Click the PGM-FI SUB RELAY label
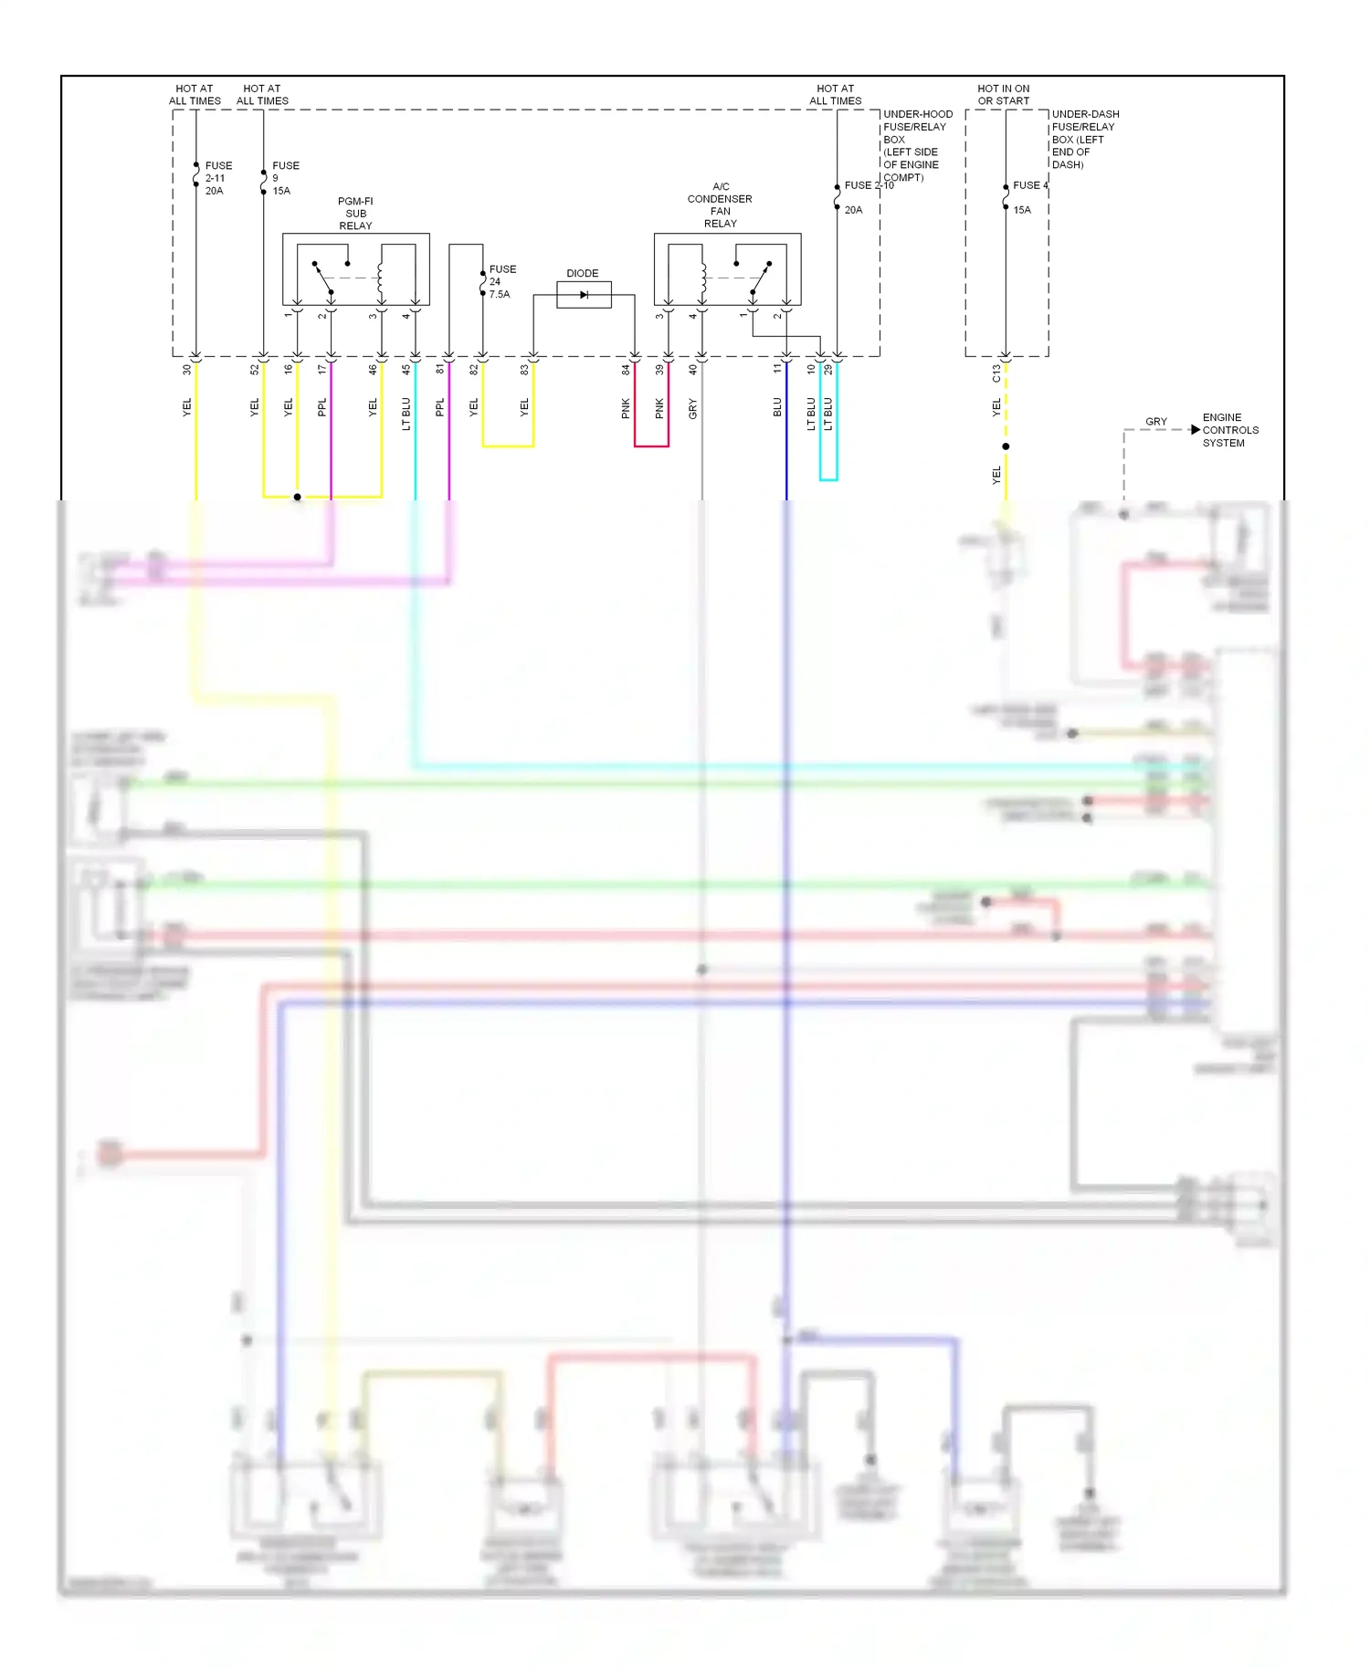(355, 214)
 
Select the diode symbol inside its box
(584, 295)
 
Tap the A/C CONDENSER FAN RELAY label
(720, 205)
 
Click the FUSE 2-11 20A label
(218, 178)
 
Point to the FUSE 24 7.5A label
(501, 281)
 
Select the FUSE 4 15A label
(1028, 196)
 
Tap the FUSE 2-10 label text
(869, 185)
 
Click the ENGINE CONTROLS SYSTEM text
(1229, 430)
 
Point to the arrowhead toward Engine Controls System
(1195, 429)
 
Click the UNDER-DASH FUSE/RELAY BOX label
(1084, 139)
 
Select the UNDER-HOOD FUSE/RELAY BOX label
(916, 145)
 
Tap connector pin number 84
(626, 370)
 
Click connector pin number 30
(187, 370)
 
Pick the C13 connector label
(996, 373)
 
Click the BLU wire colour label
(777, 407)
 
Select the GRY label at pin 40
(692, 409)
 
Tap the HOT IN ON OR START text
(1003, 95)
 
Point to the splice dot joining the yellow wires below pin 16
(297, 497)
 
